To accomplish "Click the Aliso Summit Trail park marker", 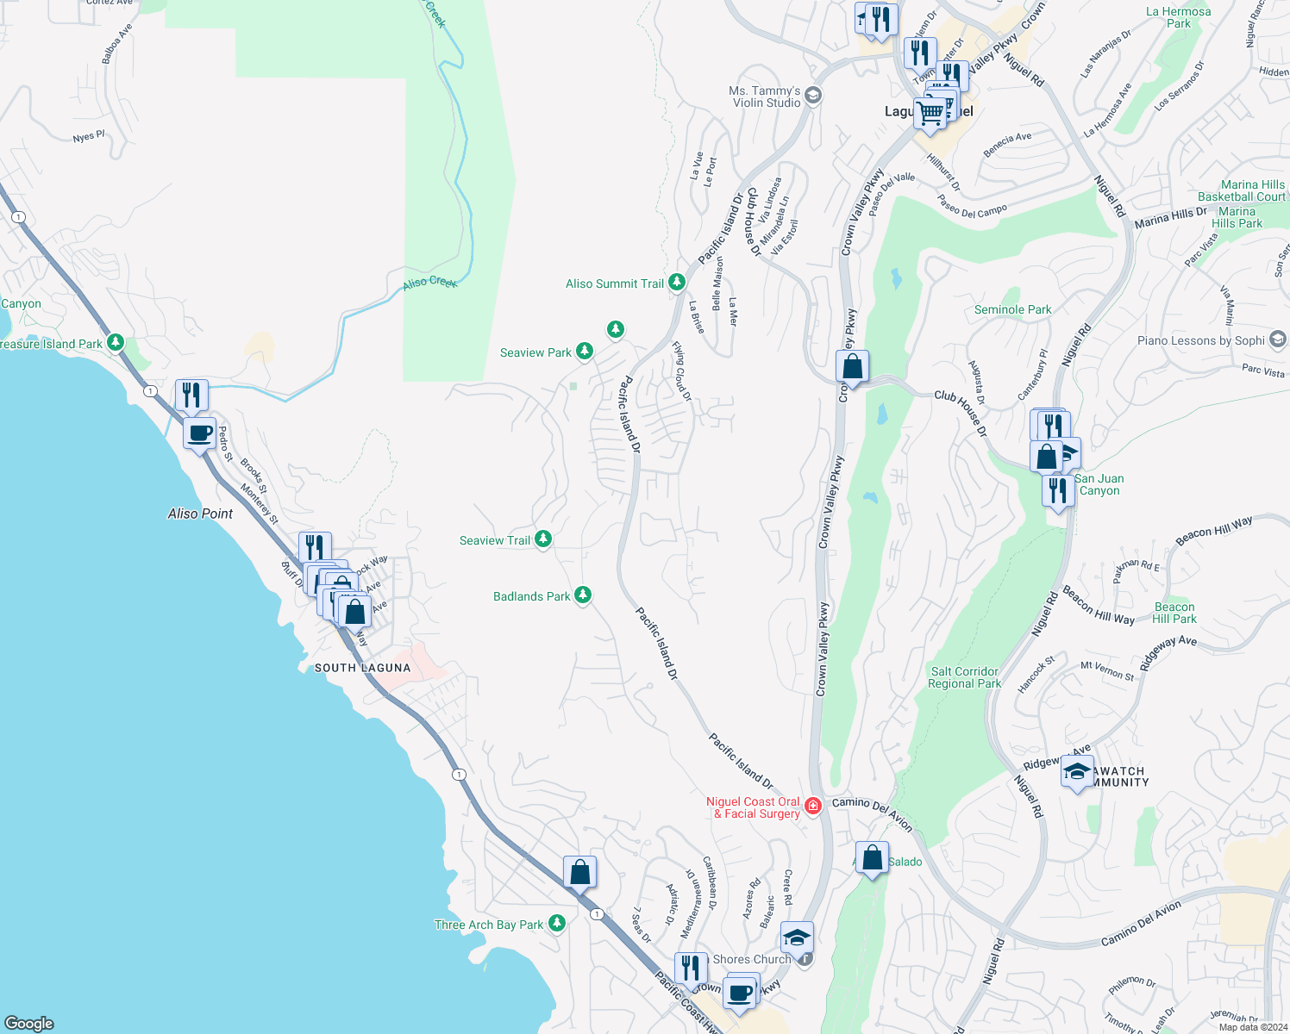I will (677, 283).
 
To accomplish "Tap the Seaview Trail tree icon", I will (543, 539).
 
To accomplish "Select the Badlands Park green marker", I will (583, 595).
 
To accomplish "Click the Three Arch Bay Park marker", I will (557, 924).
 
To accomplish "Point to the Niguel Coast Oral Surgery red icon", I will (812, 807).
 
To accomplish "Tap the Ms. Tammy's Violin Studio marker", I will (813, 96).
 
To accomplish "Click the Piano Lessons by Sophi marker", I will (1278, 339).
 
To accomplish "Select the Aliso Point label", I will (200, 514).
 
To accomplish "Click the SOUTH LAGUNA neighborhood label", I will (362, 668).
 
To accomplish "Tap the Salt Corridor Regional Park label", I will (964, 677).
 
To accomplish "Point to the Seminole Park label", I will (1012, 309).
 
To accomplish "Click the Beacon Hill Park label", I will (1174, 613).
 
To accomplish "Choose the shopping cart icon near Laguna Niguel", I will (930, 113).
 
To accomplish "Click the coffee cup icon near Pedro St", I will (199, 433).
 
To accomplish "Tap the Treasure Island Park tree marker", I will (115, 343).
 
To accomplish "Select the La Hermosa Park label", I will (1178, 17).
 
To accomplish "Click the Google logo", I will (29, 1023).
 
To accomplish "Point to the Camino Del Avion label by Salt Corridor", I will (872, 813).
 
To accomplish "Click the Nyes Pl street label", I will (89, 136).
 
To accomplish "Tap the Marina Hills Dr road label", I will (1170, 217).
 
